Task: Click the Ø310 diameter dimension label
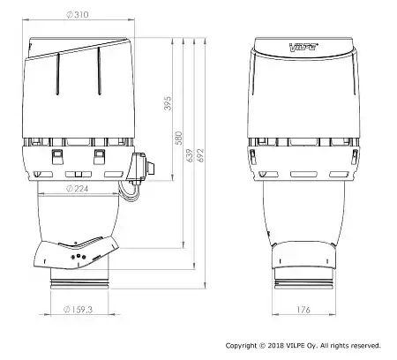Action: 78,14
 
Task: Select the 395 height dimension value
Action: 168,103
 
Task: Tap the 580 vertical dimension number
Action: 178,138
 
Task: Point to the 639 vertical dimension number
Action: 190,155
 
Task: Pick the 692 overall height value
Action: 201,155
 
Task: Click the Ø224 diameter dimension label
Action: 78,188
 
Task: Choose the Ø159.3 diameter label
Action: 79,310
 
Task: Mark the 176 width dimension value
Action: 303,310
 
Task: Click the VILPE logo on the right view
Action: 303,47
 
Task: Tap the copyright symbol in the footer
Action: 262,346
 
